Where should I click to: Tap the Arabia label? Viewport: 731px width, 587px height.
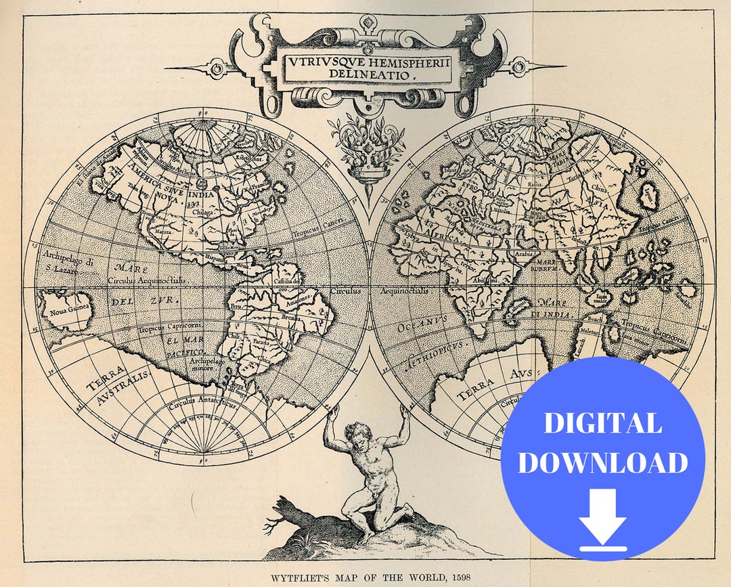pyautogui.click(x=525, y=255)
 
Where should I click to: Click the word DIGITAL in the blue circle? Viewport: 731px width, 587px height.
pyautogui.click(x=602, y=423)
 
